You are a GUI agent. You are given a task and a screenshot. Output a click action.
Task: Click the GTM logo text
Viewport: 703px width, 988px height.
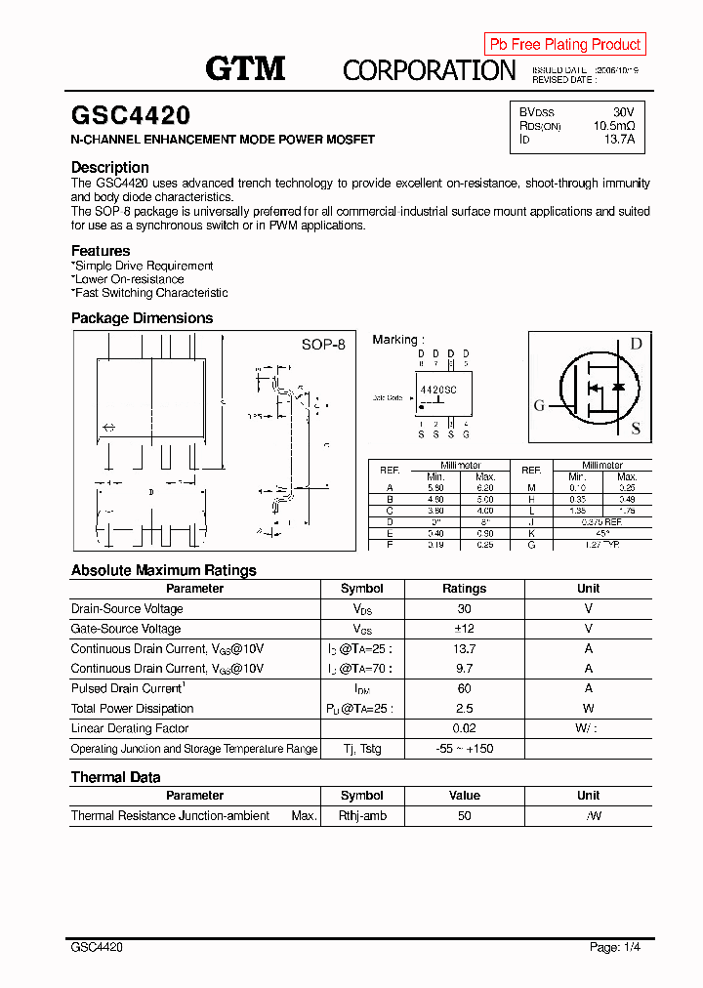tap(245, 67)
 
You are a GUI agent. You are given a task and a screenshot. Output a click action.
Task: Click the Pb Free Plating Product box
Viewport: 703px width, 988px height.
tap(564, 44)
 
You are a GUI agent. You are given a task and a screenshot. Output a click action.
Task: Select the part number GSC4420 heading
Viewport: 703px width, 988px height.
tap(131, 116)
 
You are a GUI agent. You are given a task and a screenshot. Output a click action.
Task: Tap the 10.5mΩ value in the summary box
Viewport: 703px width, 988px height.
tap(613, 126)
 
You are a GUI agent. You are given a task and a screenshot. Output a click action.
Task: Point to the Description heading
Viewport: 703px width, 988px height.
tap(110, 167)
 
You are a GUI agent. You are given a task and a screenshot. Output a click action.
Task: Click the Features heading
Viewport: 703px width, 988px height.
tap(101, 251)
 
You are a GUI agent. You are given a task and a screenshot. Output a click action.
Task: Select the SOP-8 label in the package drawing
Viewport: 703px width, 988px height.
tap(322, 345)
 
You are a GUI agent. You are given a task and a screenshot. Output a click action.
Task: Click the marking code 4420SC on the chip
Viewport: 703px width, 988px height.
tap(438, 389)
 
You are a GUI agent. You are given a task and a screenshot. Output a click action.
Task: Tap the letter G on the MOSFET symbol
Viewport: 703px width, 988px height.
tap(539, 406)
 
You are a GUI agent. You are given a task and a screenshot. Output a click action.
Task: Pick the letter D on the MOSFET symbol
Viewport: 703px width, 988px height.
tap(635, 344)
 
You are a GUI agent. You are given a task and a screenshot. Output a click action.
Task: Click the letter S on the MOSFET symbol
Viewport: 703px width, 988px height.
tap(635, 428)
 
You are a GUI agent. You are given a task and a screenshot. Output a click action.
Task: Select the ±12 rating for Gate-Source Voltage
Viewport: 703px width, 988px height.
tap(464, 629)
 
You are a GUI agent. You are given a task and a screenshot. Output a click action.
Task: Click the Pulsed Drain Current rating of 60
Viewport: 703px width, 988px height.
tap(464, 688)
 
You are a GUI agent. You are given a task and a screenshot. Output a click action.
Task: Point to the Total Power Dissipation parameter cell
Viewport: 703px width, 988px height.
tap(133, 709)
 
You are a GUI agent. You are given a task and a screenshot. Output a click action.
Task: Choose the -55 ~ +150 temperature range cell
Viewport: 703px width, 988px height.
tap(464, 749)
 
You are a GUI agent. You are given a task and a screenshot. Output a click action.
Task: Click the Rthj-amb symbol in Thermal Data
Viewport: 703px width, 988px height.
tap(361, 816)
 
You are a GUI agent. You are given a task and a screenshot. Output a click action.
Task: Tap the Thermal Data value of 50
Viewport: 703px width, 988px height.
tap(464, 816)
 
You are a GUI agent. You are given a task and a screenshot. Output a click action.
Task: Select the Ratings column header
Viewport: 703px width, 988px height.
tap(464, 589)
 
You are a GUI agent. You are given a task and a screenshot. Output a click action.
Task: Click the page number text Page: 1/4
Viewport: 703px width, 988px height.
tap(615, 947)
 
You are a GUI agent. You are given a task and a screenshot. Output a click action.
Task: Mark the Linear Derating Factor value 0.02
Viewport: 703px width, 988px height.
tap(464, 728)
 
